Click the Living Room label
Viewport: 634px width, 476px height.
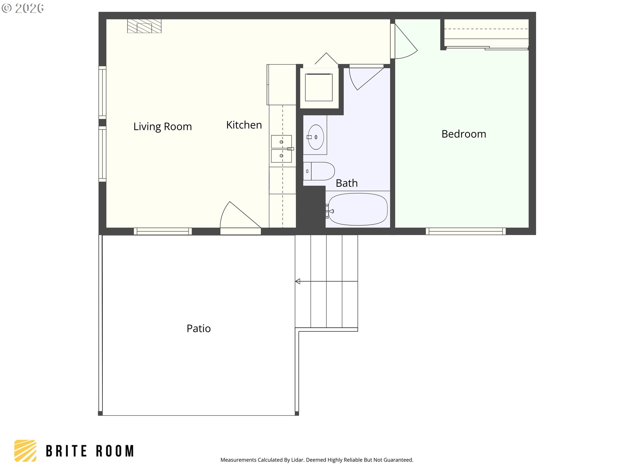(162, 127)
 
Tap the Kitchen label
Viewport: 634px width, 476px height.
(244, 125)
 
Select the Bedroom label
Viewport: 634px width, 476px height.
(464, 134)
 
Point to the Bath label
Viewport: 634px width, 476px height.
(347, 183)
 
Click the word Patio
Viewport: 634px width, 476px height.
(198, 329)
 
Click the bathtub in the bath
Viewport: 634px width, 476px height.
(358, 209)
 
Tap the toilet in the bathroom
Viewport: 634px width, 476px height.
(319, 171)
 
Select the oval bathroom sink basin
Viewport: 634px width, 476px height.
(316, 137)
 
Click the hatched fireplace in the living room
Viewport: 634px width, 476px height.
(144, 26)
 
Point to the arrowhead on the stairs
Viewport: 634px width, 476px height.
(298, 281)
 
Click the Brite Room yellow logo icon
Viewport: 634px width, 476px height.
(25, 451)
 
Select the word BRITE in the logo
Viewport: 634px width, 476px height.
(66, 451)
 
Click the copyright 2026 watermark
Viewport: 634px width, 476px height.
(23, 8)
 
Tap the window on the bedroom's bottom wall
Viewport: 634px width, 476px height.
(466, 231)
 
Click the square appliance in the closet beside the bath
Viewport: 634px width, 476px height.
(319, 87)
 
